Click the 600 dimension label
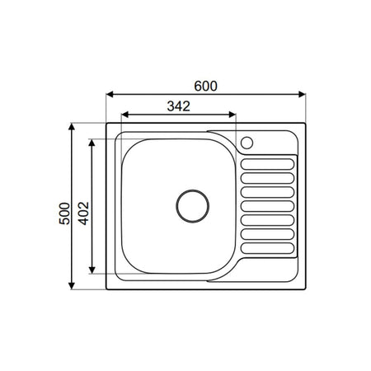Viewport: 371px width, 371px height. coord(205,86)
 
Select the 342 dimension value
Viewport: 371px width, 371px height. coord(179,106)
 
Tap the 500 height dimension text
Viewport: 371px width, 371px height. coord(64,214)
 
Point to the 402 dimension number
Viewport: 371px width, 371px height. coord(84,214)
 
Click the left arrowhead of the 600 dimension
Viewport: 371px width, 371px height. coord(110,95)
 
